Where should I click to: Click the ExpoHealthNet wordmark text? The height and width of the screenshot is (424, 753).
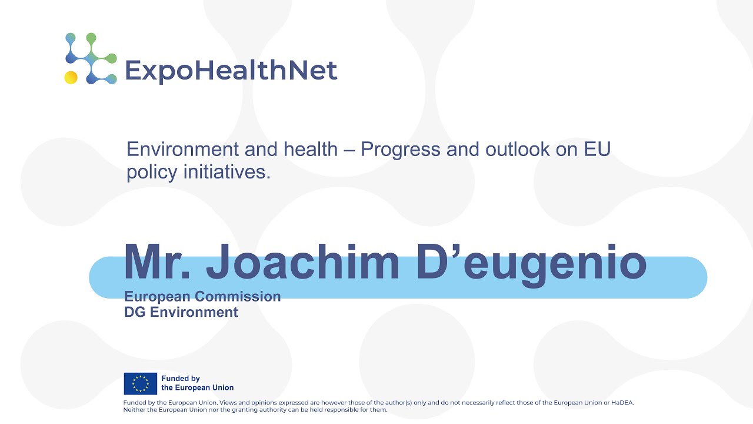(x=231, y=71)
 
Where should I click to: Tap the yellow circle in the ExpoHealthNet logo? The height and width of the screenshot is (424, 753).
(x=71, y=77)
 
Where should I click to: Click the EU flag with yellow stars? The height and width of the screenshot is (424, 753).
(x=140, y=383)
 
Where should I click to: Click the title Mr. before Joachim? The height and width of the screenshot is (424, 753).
(x=158, y=263)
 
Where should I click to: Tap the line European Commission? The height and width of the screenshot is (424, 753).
(x=202, y=296)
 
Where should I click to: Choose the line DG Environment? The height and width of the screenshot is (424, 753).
(x=181, y=312)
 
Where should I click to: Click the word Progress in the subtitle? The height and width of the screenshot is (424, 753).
(x=400, y=150)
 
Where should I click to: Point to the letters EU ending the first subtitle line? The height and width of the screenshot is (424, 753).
(x=597, y=150)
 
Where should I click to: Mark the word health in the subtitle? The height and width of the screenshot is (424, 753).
(x=311, y=150)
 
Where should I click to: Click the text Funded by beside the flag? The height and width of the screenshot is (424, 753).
(x=181, y=379)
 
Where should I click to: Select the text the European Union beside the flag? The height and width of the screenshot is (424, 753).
(x=197, y=388)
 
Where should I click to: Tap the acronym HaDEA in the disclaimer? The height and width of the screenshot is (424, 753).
(x=621, y=403)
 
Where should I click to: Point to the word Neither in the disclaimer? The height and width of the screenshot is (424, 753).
(x=134, y=409)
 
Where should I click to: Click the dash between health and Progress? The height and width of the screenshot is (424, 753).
(x=349, y=150)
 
